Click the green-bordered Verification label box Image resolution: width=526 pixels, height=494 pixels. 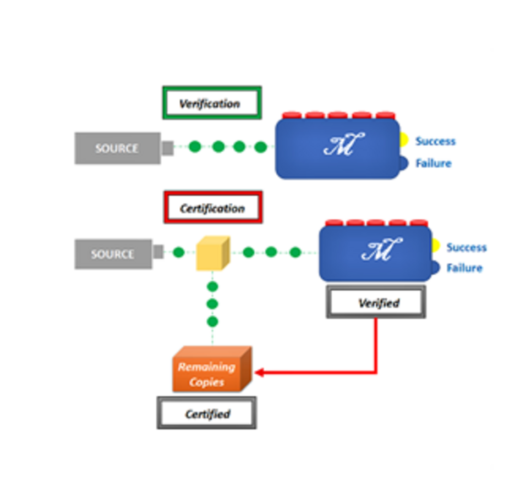click(x=211, y=103)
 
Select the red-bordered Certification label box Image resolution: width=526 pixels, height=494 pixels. click(x=212, y=208)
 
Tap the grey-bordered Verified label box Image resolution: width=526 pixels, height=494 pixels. click(x=376, y=302)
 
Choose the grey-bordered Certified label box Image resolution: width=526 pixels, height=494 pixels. click(x=206, y=413)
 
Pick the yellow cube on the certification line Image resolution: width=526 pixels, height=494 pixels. click(x=212, y=253)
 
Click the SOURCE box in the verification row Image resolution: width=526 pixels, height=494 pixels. click(x=117, y=148)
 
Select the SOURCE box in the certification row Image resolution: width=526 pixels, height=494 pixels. click(x=113, y=254)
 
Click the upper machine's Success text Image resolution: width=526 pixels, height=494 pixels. click(x=435, y=141)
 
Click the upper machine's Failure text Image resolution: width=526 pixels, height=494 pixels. click(x=433, y=163)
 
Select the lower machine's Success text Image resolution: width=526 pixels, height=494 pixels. click(x=466, y=247)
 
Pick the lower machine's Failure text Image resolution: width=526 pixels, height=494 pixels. click(x=464, y=268)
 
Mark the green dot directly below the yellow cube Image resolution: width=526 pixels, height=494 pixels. click(x=212, y=287)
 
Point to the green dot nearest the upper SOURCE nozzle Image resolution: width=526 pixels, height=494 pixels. click(x=194, y=147)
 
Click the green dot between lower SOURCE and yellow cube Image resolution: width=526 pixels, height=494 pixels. click(x=178, y=252)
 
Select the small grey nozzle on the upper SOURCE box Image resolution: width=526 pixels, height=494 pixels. click(x=167, y=148)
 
